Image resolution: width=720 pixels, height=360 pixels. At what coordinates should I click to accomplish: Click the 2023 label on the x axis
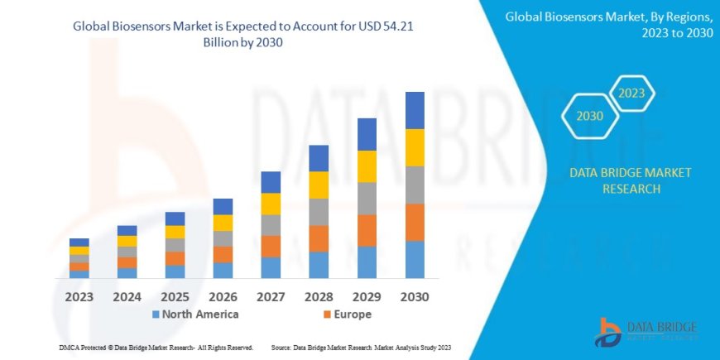[79, 295]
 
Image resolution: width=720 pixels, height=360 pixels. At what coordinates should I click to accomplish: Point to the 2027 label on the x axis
[271, 295]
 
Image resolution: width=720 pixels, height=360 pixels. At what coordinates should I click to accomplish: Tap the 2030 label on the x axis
[415, 295]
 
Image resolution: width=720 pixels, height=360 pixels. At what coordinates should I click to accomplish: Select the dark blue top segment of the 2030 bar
[415, 110]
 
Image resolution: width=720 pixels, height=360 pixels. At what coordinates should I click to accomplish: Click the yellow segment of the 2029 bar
[367, 166]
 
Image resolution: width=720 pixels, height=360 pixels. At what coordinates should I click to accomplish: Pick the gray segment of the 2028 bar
[319, 212]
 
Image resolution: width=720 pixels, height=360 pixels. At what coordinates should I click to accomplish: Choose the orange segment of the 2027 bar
[271, 246]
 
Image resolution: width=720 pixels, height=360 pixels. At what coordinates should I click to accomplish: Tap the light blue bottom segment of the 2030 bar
[415, 259]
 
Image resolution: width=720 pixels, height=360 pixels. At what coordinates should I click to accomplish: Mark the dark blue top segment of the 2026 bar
[223, 206]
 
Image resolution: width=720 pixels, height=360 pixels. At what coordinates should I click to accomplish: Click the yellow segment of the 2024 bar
[127, 241]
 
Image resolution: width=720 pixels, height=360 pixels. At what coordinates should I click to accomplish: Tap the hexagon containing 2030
[590, 115]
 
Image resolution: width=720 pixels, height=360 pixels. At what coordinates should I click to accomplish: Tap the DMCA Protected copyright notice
[156, 348]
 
